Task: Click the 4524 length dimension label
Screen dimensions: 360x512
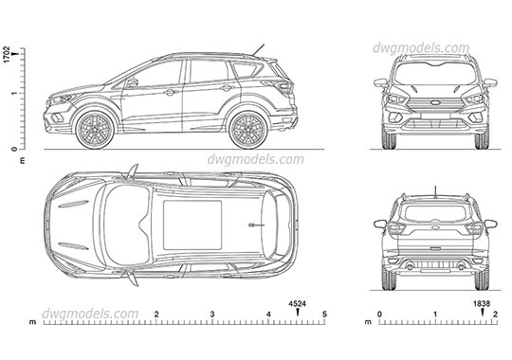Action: pos(297,303)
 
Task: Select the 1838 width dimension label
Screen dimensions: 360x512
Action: pos(482,303)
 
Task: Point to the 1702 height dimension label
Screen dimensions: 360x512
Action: pos(7,54)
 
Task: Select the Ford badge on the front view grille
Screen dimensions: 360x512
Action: pos(432,102)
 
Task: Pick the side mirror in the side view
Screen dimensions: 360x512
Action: pos(132,83)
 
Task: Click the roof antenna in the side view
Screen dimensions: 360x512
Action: pos(258,48)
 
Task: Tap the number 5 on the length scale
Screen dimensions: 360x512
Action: pos(324,314)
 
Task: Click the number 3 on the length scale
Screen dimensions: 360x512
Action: pos(212,314)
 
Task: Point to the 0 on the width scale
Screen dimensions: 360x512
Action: pos(379,314)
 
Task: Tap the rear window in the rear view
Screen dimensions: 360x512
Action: pos(432,211)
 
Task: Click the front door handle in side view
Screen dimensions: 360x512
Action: pos(170,93)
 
